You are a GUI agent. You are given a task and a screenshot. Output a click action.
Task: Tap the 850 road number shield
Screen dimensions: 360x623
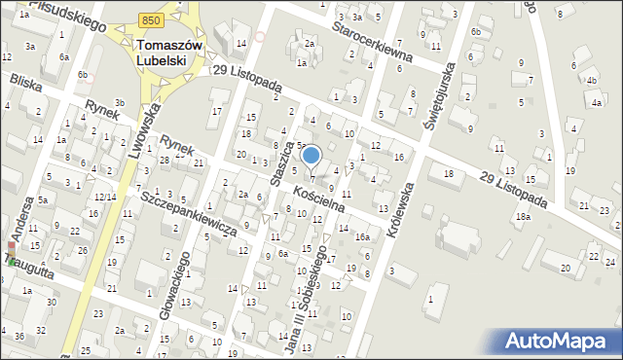click(x=150, y=19)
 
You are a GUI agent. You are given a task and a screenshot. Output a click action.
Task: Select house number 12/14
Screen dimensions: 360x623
click(x=105, y=197)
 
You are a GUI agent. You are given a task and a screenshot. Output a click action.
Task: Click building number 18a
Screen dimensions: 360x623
click(x=524, y=217)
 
